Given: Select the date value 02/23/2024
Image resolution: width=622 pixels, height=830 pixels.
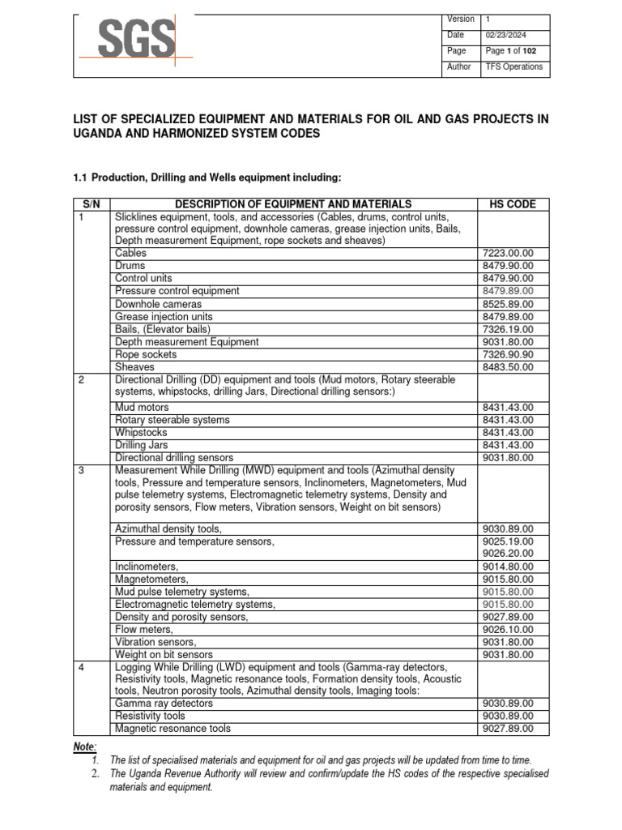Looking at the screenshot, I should [x=505, y=35].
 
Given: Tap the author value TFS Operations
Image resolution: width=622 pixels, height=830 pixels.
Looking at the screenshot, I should [x=513, y=67].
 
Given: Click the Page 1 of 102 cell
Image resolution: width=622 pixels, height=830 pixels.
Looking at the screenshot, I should [x=510, y=51].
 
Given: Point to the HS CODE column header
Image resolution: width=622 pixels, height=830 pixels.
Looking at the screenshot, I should [x=513, y=204].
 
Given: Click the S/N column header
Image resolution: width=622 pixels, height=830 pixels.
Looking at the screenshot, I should [x=92, y=204].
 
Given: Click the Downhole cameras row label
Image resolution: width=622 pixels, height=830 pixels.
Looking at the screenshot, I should [x=158, y=304].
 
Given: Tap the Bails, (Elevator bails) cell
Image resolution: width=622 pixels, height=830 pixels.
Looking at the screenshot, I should [x=163, y=329].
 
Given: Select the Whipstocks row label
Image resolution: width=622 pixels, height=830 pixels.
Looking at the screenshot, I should [x=142, y=433].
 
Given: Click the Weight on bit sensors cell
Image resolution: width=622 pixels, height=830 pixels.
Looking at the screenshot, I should [x=164, y=655].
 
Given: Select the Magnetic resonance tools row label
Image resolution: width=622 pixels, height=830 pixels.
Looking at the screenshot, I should [x=173, y=729].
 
